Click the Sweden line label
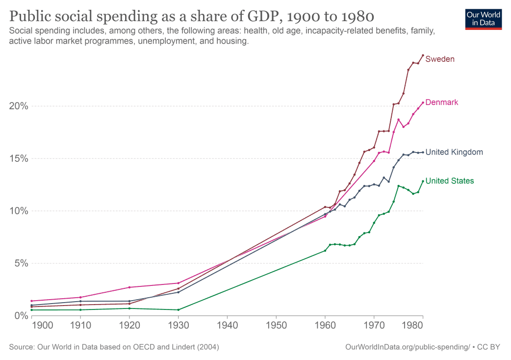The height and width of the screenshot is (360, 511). (440, 59)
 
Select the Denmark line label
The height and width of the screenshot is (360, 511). (441, 103)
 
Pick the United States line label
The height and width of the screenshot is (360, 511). (450, 181)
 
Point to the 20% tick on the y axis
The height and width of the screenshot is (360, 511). (18, 106)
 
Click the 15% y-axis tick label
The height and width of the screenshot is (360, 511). (18, 159)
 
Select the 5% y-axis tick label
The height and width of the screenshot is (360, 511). (20, 263)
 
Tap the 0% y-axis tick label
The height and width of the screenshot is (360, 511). (20, 316)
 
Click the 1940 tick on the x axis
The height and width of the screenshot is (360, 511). (227, 326)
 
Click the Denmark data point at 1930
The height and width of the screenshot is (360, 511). (178, 283)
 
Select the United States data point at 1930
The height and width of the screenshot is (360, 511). (178, 310)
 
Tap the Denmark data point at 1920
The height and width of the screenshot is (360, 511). (129, 287)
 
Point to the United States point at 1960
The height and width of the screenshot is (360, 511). (325, 251)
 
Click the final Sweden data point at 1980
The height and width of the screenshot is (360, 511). (423, 55)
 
